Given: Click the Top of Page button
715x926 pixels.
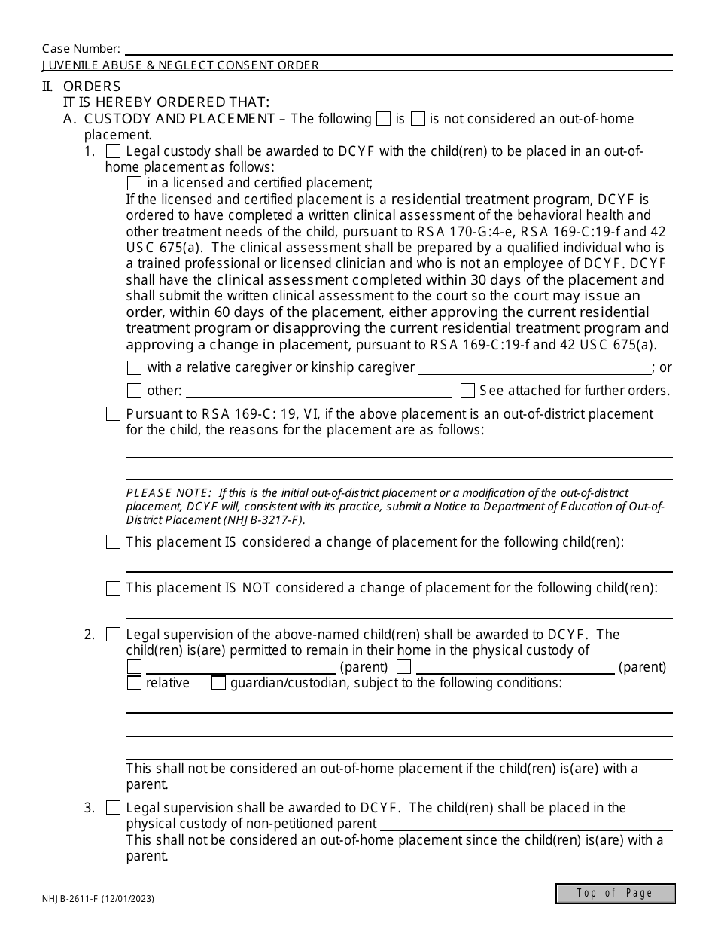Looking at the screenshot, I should [x=615, y=893].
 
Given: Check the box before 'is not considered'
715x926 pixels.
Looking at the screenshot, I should [x=418, y=119].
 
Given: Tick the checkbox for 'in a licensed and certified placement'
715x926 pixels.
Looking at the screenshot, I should [x=135, y=183].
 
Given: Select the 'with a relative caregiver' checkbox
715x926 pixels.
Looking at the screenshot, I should [x=135, y=368].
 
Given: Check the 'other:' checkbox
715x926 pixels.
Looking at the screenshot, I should [x=135, y=391].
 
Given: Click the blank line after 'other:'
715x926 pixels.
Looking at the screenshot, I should [x=318, y=391].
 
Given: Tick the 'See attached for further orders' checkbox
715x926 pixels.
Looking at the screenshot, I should [x=467, y=391].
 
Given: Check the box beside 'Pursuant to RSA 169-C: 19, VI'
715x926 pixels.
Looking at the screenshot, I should [x=114, y=414].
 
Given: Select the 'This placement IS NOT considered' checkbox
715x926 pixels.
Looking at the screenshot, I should [x=114, y=589].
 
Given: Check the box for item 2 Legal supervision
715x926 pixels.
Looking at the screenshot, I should [x=114, y=635].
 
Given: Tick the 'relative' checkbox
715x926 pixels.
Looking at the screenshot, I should [x=135, y=684].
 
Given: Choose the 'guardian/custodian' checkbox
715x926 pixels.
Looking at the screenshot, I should [x=219, y=684].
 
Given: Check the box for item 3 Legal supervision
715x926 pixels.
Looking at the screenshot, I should [x=114, y=808].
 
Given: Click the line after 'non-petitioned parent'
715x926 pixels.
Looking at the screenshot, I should [x=527, y=824].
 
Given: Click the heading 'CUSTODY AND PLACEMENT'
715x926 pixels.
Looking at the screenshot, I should [x=180, y=119].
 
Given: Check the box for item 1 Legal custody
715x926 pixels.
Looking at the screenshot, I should [x=114, y=151].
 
